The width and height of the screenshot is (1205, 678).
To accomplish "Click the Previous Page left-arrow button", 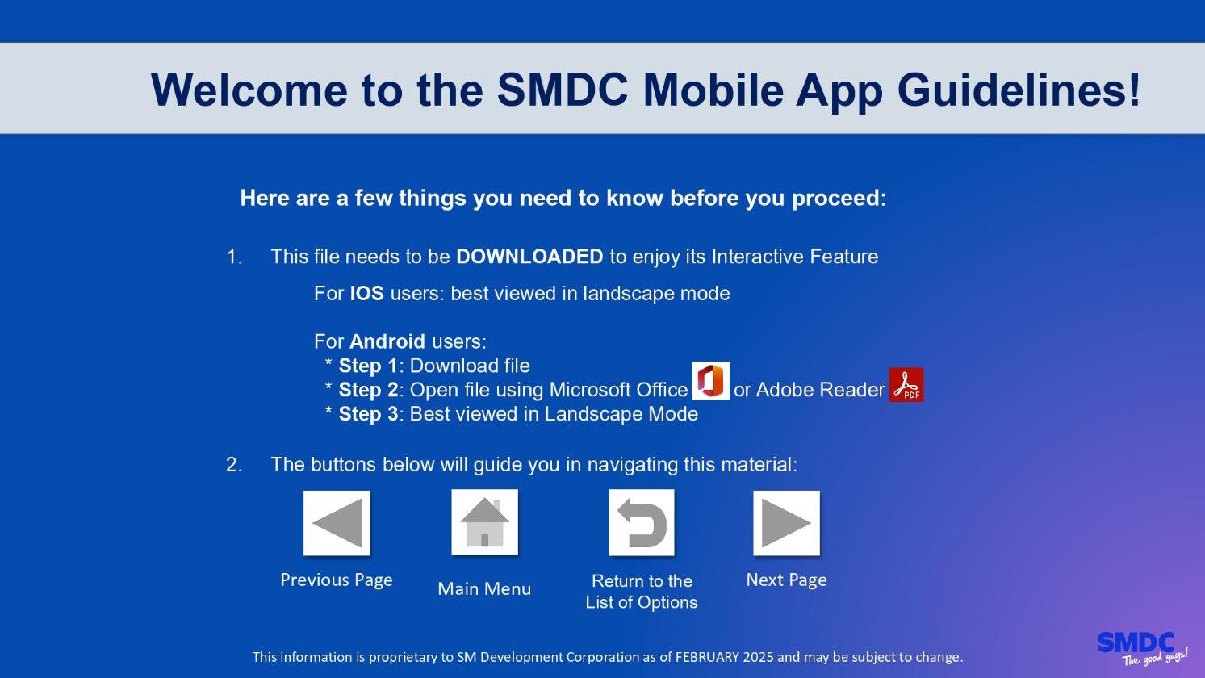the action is (337, 523).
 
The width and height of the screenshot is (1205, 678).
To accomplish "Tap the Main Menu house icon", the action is (485, 522).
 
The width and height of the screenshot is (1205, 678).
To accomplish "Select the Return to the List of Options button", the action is (641, 522).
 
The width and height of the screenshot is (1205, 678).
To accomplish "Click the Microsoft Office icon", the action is (710, 380).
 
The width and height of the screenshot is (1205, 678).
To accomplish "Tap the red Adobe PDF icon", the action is (906, 385).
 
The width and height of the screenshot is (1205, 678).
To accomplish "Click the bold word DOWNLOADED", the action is (529, 257).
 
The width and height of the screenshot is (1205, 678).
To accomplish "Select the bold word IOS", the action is (367, 294).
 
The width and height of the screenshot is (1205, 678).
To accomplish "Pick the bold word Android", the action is (387, 341).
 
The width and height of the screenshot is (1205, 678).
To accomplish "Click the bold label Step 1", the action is (367, 366).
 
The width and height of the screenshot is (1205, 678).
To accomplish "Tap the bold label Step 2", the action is (369, 390).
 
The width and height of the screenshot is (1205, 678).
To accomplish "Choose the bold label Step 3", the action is (369, 414).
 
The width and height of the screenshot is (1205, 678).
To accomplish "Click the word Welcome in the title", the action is (249, 90).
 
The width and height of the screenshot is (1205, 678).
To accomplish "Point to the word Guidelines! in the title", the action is (1019, 90).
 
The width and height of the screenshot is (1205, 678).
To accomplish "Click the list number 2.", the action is (234, 465).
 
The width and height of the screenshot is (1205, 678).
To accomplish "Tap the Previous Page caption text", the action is (337, 580).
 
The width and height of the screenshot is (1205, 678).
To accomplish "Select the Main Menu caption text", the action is (484, 588).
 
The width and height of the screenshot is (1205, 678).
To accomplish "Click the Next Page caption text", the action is (786, 580).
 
